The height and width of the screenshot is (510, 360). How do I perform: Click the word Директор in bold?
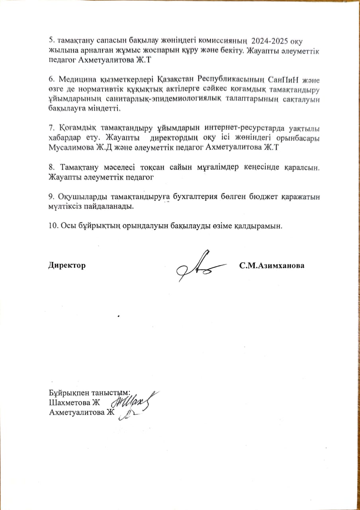[67, 265]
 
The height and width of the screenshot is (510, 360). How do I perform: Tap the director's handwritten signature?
[197, 266]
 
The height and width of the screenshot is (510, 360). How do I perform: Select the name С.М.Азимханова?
[272, 265]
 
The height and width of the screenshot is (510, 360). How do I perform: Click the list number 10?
[52, 226]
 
